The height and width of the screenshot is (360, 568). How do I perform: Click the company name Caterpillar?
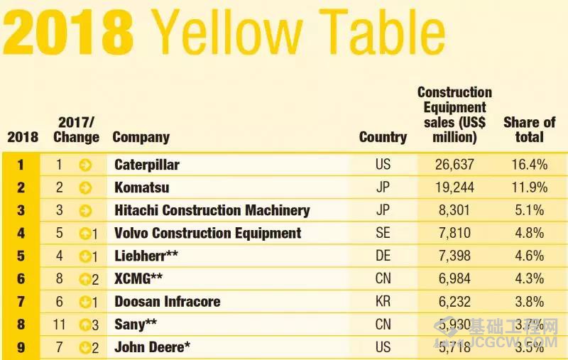(147, 165)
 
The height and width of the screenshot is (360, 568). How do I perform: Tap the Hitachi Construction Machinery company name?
(212, 210)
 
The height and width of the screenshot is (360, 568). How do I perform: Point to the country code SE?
(383, 233)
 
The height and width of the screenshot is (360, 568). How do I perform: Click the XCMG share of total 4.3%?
(529, 278)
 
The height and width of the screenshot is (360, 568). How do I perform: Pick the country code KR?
(383, 301)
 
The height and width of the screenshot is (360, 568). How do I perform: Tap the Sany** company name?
(136, 324)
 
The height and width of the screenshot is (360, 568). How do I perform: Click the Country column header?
(383, 137)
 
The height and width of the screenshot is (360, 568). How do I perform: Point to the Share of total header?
(529, 129)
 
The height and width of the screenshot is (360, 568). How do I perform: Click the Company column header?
(141, 137)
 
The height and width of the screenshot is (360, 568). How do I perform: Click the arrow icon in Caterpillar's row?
(85, 165)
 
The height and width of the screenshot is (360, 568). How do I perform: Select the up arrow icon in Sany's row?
(84, 324)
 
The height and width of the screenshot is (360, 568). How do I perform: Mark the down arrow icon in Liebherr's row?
(84, 256)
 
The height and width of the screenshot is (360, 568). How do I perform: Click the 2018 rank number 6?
(21, 278)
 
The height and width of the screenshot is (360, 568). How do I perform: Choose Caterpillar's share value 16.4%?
(529, 165)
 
